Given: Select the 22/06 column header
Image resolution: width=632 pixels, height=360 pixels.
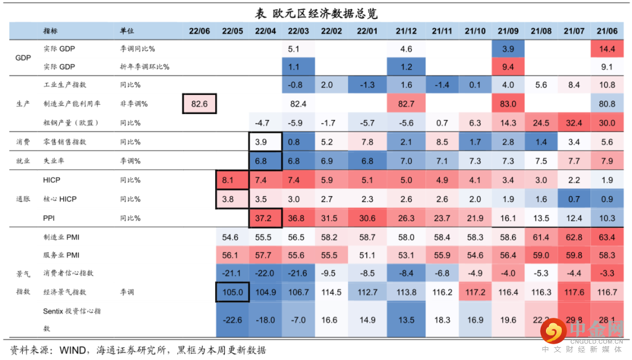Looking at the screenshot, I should (200, 30).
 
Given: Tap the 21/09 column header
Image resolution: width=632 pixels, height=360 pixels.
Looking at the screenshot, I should (508, 30).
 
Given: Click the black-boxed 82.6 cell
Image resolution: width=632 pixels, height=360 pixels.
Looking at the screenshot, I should (200, 104).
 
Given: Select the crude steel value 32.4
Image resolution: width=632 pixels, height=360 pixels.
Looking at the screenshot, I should (574, 123).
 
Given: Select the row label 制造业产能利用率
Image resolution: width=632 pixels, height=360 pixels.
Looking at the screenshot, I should (71, 104).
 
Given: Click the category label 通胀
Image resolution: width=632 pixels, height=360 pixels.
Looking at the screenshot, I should (23, 199).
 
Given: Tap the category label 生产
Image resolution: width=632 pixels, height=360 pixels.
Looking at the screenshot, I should (23, 104).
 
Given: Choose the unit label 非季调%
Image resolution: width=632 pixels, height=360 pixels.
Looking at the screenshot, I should (134, 104).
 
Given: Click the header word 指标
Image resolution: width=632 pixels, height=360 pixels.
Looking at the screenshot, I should (50, 30).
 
